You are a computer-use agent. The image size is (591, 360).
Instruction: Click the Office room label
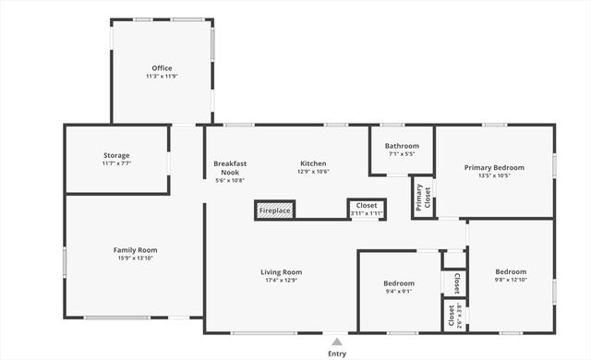[x=162, y=68]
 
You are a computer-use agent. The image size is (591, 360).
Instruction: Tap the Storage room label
[x=116, y=155]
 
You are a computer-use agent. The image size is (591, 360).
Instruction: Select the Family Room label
[x=135, y=250]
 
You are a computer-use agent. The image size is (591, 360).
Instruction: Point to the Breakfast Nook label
[x=230, y=167]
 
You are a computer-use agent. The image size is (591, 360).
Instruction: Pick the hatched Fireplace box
[x=274, y=210]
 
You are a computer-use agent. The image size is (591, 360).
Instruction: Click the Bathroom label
[x=402, y=146]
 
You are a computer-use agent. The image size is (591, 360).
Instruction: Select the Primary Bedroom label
[x=494, y=167]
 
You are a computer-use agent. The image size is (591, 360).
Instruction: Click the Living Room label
[x=281, y=272]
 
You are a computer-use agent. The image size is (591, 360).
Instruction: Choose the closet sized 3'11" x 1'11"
[x=366, y=210]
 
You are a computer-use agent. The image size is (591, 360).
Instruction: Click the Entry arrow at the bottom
[x=337, y=342]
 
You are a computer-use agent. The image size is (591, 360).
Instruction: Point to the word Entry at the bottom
[x=337, y=354]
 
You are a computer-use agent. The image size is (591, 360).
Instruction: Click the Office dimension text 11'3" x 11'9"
[x=162, y=77]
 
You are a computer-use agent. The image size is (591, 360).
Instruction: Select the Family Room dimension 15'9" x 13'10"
[x=135, y=258]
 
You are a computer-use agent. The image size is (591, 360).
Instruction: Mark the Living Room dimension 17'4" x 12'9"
[x=281, y=281]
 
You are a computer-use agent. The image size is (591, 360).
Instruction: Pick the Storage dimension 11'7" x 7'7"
[x=116, y=163]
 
